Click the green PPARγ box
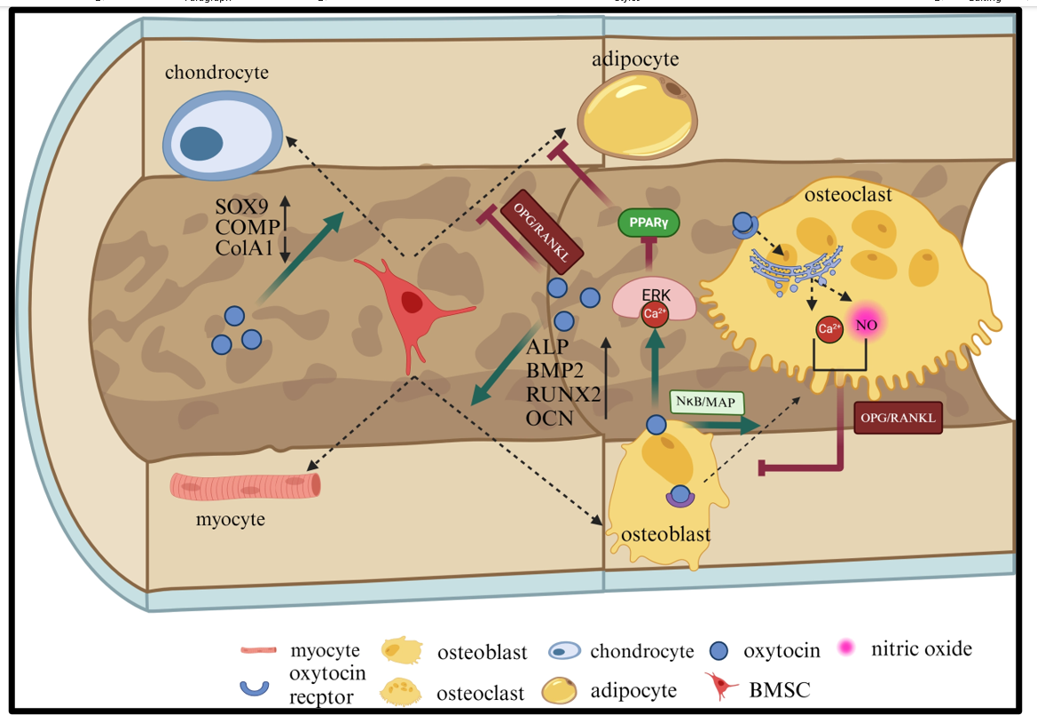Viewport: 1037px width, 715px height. [x=648, y=223]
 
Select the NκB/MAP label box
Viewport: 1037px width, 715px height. [x=706, y=402]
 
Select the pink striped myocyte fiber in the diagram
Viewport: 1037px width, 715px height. [x=246, y=485]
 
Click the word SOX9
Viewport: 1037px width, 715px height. [x=241, y=207]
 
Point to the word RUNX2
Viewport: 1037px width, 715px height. [x=563, y=394]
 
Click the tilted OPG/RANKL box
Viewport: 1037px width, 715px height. [x=542, y=235]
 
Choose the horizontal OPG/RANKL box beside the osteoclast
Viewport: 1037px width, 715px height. [x=898, y=417]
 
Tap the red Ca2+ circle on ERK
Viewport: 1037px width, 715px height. [x=655, y=313]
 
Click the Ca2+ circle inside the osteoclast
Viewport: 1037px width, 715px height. [x=829, y=329]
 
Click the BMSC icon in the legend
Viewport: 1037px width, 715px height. [x=720, y=686]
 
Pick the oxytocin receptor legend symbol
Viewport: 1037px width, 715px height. [x=254, y=687]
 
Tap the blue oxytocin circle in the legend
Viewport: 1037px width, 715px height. [x=719, y=651]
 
